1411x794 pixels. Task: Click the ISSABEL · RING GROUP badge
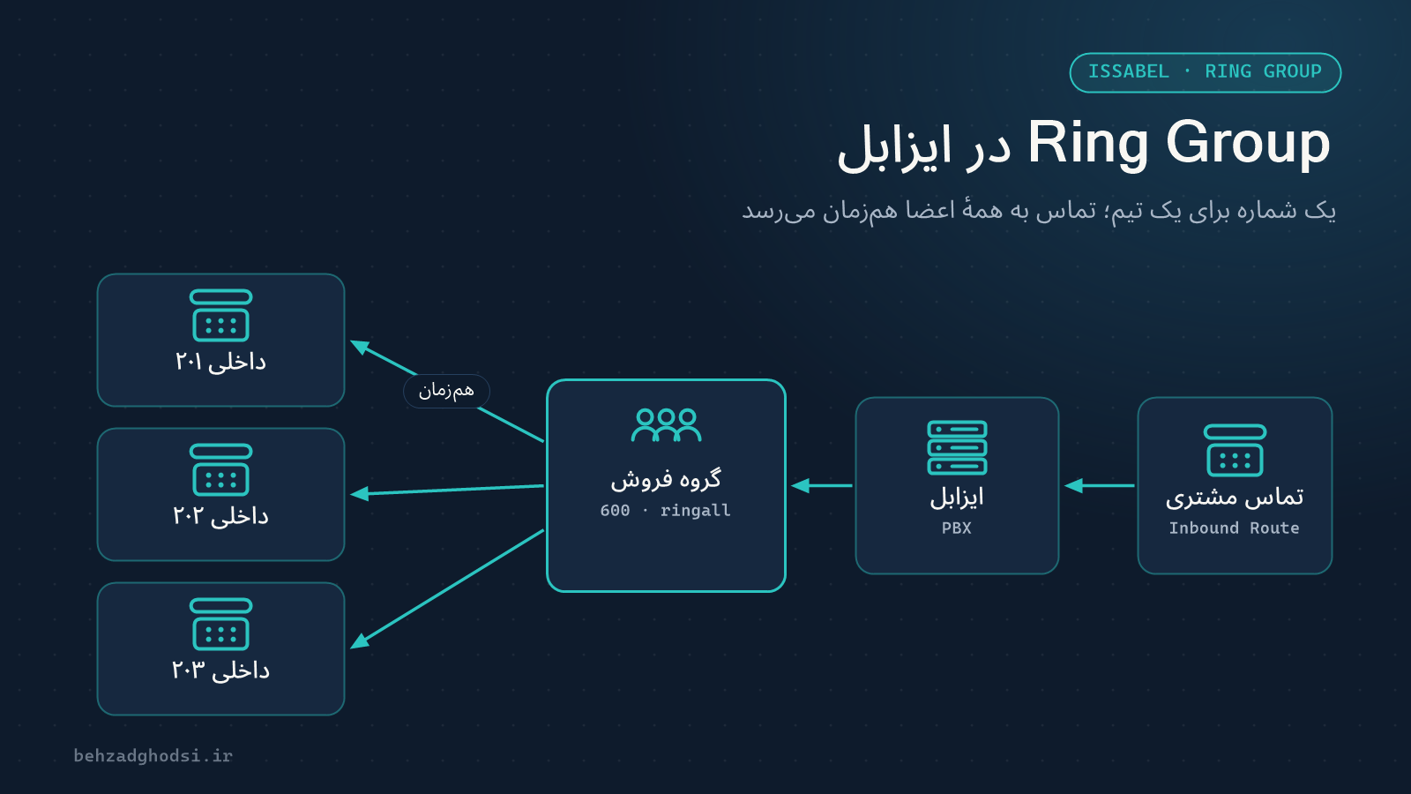pos(1205,72)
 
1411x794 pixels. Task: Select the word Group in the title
pos(1248,145)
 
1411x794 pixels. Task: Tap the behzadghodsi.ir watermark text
pos(153,755)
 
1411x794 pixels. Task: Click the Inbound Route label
pos(1234,528)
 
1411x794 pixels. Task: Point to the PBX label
pos(956,528)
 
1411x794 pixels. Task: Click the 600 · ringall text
pos(665,511)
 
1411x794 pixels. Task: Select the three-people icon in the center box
pos(666,424)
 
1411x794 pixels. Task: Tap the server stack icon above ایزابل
pos(957,447)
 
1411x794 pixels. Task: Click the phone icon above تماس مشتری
pos(1235,450)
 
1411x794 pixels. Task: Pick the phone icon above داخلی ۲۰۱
pos(221,315)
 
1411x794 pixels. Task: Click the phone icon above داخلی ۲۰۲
pos(221,469)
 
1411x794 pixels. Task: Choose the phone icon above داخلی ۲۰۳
pos(221,624)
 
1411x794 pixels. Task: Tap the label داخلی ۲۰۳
pos(220,670)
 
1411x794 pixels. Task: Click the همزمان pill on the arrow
pos(446,392)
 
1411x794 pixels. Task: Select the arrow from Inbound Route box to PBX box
pos(1099,486)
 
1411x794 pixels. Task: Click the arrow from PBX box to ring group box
pos(821,486)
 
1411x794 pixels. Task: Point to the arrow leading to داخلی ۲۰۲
pos(447,491)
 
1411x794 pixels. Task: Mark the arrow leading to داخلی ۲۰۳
pos(447,589)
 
